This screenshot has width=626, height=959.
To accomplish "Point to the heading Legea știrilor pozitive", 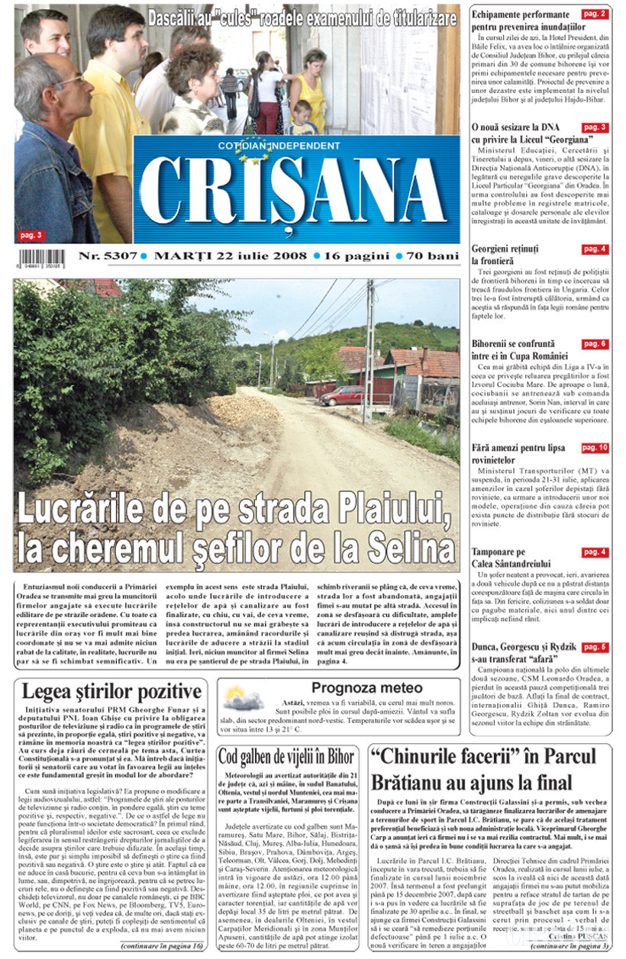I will (x=111, y=693).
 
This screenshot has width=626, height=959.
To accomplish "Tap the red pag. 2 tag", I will (x=594, y=14).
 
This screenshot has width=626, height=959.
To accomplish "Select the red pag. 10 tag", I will (x=594, y=448).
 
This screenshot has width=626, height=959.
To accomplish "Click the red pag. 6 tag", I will (x=594, y=344).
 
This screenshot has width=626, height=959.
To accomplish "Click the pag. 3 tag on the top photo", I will (x=32, y=235).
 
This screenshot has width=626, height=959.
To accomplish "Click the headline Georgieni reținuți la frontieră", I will (x=505, y=255).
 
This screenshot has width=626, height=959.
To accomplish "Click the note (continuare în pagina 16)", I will (x=162, y=946).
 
